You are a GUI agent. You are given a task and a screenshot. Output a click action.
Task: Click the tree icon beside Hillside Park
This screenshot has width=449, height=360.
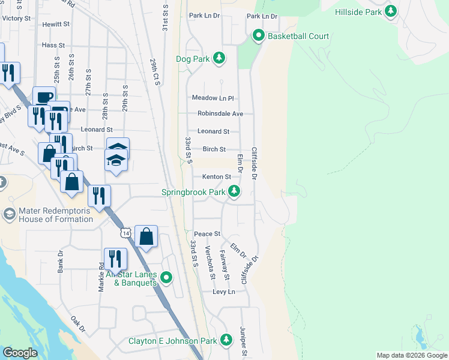coord(391,11)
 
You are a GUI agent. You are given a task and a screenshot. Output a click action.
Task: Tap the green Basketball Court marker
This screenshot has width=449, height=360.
coord(259,36)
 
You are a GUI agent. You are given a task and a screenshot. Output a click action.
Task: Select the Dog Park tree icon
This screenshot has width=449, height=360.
coord(220,58)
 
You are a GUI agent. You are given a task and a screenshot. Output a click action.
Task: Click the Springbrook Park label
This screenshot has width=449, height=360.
coord(193,193)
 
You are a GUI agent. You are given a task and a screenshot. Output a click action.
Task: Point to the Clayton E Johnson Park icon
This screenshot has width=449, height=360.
coord(226,340)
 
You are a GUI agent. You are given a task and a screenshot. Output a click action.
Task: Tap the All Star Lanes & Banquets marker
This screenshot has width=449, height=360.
coord(167,277)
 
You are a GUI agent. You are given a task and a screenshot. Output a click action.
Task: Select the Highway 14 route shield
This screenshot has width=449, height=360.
coord(125,232)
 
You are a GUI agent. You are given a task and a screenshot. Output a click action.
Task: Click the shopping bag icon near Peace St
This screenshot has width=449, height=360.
coord(146,236)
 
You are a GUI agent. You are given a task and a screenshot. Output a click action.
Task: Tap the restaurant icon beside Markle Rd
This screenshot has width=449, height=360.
coord(115,259)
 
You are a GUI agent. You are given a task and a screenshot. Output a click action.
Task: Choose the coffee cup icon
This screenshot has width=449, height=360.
coord(43,97)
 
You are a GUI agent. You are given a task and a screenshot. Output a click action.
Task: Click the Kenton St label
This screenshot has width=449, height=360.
coord(216,177)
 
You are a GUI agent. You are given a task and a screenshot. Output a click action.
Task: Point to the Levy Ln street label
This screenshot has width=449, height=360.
coord(224,292)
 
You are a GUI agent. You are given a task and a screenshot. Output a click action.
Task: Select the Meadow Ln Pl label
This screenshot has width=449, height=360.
coord(212,98)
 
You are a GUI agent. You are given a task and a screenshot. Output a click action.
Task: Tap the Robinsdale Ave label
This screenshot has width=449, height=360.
coord(220,113)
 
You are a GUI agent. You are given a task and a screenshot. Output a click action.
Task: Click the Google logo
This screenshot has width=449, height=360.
coord(20,353)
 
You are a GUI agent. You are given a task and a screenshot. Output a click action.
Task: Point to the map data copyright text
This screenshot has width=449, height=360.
coord(411,355)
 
